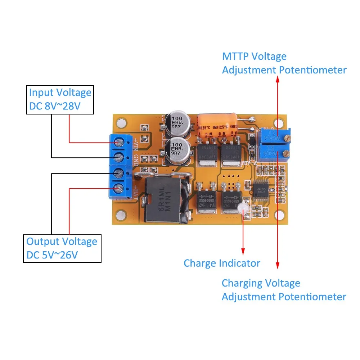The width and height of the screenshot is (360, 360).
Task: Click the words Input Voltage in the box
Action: click(x=60, y=93)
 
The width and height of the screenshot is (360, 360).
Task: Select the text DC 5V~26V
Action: click(x=52, y=255)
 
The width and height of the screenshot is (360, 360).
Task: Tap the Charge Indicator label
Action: click(x=222, y=263)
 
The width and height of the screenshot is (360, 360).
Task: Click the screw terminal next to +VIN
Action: click(x=119, y=143)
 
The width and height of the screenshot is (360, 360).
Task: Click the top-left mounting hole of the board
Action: click(x=122, y=123)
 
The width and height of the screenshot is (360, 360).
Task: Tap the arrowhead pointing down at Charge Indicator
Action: click(x=243, y=251)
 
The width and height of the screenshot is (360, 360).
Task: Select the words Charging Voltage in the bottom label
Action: click(x=261, y=283)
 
